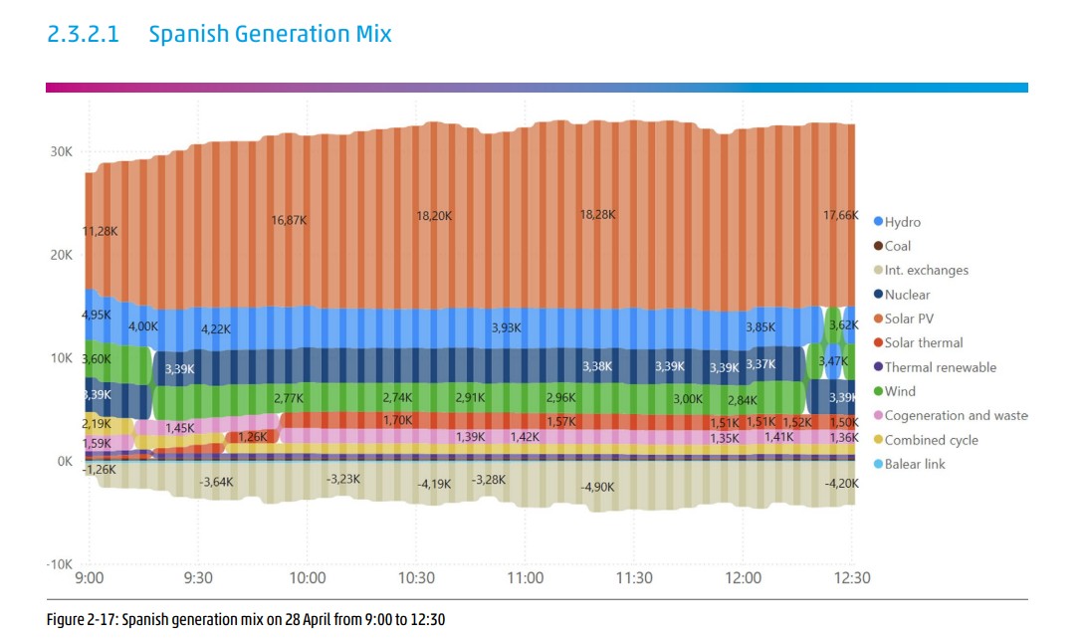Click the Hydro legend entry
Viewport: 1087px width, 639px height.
(902, 222)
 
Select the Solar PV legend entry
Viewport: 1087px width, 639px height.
(909, 319)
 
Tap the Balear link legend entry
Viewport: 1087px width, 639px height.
(915, 464)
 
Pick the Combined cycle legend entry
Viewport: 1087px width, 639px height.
(931, 440)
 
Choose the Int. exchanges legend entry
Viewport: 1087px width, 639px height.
(926, 270)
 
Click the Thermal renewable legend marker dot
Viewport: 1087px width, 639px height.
(878, 367)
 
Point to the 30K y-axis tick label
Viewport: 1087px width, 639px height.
(62, 151)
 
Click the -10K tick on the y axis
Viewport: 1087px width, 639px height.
(59, 564)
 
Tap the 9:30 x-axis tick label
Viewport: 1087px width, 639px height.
(198, 578)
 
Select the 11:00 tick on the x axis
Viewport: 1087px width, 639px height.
(525, 578)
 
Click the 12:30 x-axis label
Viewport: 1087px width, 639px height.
(851, 578)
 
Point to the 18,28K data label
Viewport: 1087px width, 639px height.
(597, 214)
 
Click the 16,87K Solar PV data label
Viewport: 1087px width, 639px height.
(289, 219)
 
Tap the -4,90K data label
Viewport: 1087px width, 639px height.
(597, 487)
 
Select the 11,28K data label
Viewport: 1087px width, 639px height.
(100, 231)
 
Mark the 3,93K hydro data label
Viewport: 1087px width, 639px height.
(506, 327)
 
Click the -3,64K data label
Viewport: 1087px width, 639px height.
(216, 482)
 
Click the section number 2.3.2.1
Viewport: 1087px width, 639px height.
(83, 34)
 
